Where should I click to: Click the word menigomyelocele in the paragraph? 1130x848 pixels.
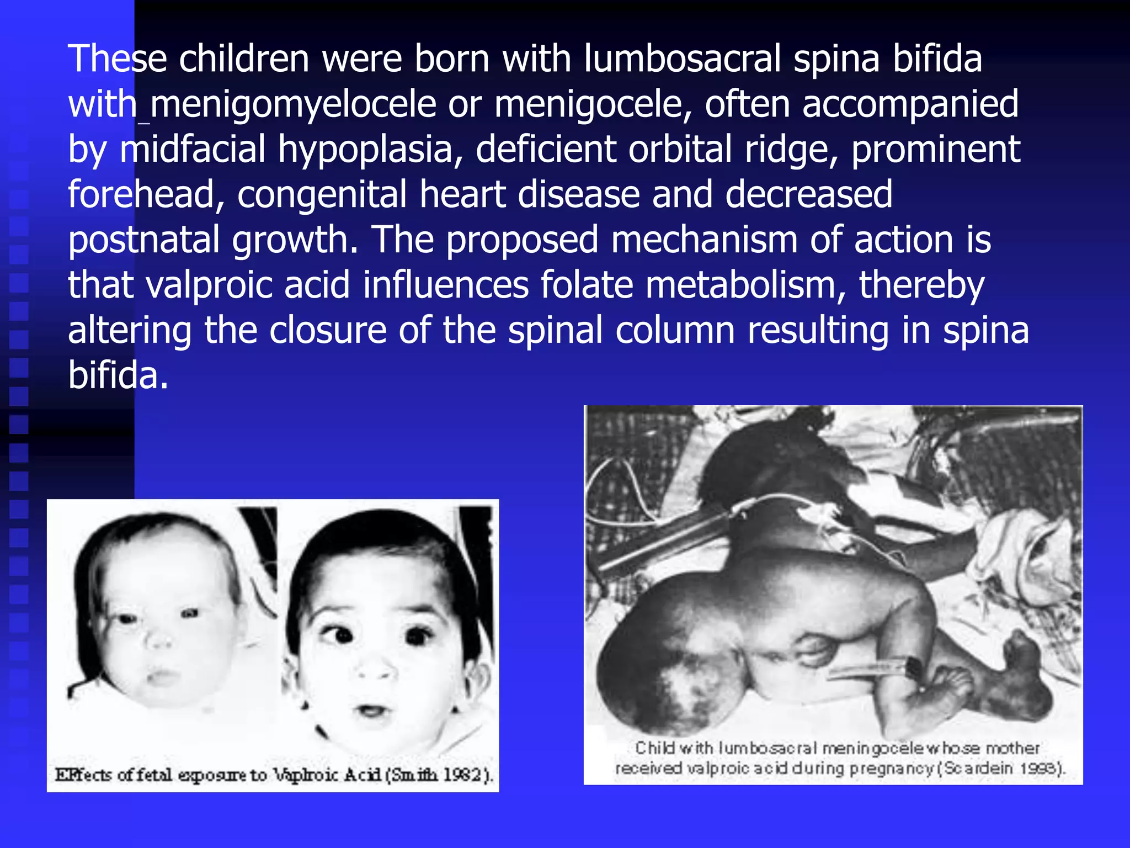(x=293, y=105)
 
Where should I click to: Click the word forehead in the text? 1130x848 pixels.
(x=146, y=195)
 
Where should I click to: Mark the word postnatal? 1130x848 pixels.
(x=143, y=240)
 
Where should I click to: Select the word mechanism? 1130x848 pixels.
(x=704, y=240)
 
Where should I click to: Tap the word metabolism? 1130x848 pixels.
(x=745, y=285)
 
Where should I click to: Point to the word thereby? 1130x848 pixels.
(x=921, y=285)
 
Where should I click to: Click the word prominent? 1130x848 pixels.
(x=936, y=150)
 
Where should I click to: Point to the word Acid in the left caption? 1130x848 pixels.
(x=363, y=775)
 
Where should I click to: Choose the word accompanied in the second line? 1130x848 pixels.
(x=910, y=105)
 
